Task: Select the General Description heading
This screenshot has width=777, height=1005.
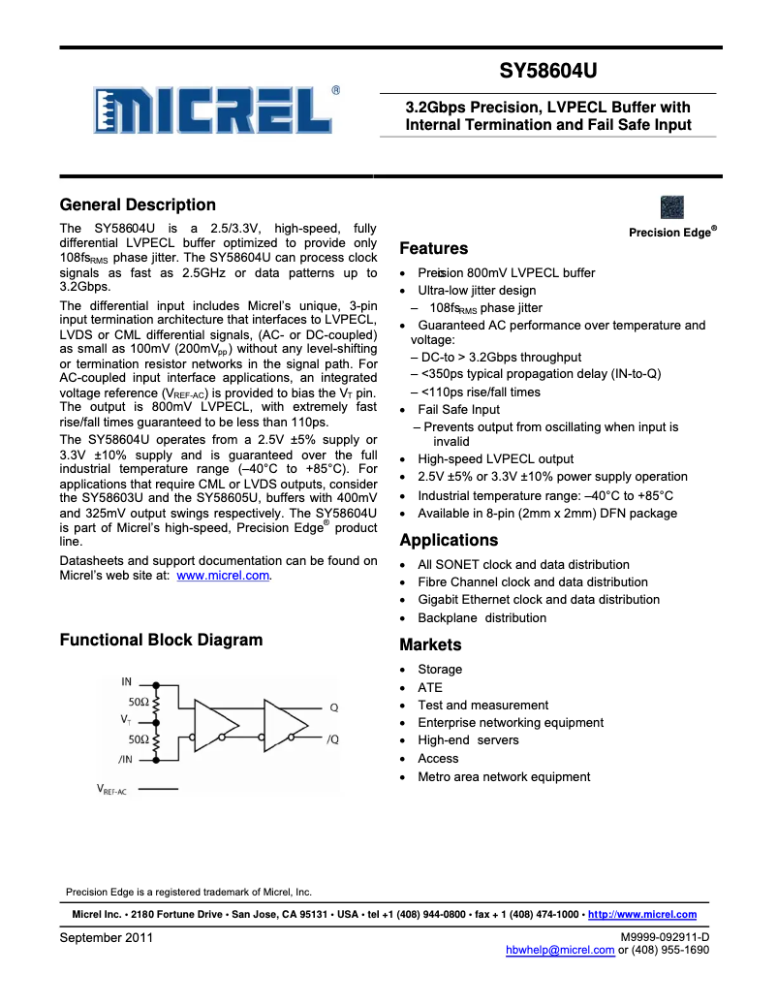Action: coord(138,204)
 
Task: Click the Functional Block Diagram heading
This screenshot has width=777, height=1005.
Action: coord(161,640)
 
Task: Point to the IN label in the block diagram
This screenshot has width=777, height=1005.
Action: coord(127,682)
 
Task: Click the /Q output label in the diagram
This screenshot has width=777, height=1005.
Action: coord(332,739)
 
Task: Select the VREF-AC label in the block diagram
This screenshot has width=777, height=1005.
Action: coord(111,790)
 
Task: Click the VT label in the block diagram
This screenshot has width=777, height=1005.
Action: coord(126,720)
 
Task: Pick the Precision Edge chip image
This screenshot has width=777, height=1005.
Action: coord(671,207)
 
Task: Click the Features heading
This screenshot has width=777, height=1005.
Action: coord(434,248)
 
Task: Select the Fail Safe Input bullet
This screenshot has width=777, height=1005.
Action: coord(458,409)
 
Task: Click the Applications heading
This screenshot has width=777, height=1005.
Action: coord(449,540)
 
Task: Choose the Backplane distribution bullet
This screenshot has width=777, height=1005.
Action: coord(482,617)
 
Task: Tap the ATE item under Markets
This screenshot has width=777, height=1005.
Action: coord(429,687)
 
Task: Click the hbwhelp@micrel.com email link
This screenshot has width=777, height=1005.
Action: coord(560,950)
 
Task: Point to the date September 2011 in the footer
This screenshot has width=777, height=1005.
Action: coord(107,937)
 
